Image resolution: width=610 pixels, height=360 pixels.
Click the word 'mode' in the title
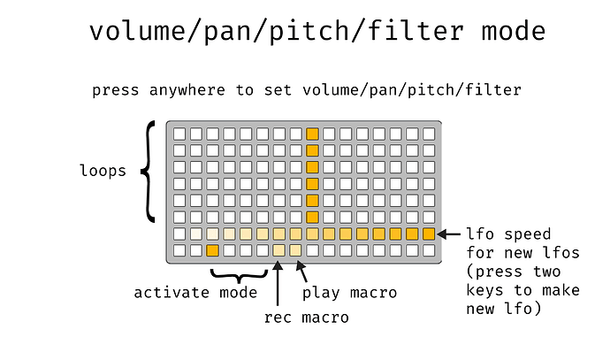click(x=513, y=31)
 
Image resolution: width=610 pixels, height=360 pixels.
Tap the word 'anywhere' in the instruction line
click(x=187, y=91)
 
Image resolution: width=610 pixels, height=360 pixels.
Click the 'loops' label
click(x=103, y=171)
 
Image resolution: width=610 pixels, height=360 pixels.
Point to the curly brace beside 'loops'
click(x=148, y=172)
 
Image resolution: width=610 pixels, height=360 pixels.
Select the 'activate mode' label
click(x=195, y=293)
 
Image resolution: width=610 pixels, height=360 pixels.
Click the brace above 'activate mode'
click(x=239, y=276)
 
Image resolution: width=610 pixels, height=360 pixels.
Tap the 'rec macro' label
click(x=307, y=318)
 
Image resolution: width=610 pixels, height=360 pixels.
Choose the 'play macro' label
click(x=350, y=293)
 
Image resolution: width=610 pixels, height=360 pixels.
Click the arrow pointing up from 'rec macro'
click(x=278, y=283)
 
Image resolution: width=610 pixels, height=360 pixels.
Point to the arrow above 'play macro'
click(x=301, y=272)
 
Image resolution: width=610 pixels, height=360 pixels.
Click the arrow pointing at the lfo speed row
click(x=448, y=234)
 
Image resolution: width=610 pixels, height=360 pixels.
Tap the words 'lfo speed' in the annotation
click(x=508, y=234)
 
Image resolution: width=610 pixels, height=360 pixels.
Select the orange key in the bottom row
click(x=212, y=250)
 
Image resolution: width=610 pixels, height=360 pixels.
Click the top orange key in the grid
click(x=312, y=134)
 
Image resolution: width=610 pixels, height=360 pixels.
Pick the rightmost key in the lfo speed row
click(x=429, y=234)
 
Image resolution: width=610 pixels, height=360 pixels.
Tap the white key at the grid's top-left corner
click(x=179, y=134)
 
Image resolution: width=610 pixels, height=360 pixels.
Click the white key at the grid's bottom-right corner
click(x=429, y=250)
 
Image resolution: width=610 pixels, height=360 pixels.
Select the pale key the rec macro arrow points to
click(x=279, y=250)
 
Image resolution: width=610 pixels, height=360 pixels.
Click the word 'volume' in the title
click(x=137, y=31)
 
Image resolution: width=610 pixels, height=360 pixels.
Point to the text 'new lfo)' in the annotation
click(x=504, y=309)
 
